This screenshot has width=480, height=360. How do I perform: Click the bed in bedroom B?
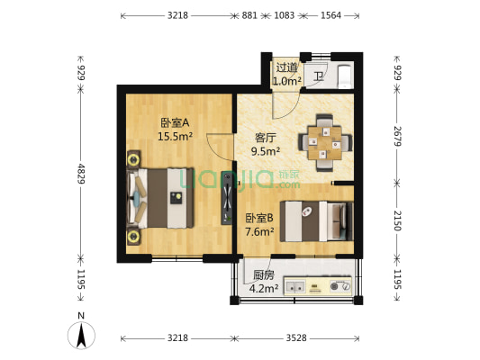[316, 220]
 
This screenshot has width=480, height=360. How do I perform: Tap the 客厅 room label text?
[265, 138]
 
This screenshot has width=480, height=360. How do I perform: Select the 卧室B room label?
[259, 218]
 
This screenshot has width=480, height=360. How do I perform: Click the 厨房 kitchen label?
[263, 275]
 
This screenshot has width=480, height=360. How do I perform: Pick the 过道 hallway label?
[286, 67]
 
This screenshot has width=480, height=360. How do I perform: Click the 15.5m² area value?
[177, 137]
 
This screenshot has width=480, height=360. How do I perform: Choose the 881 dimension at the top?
[249, 15]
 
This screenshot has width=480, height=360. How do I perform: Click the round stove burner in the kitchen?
[342, 287]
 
